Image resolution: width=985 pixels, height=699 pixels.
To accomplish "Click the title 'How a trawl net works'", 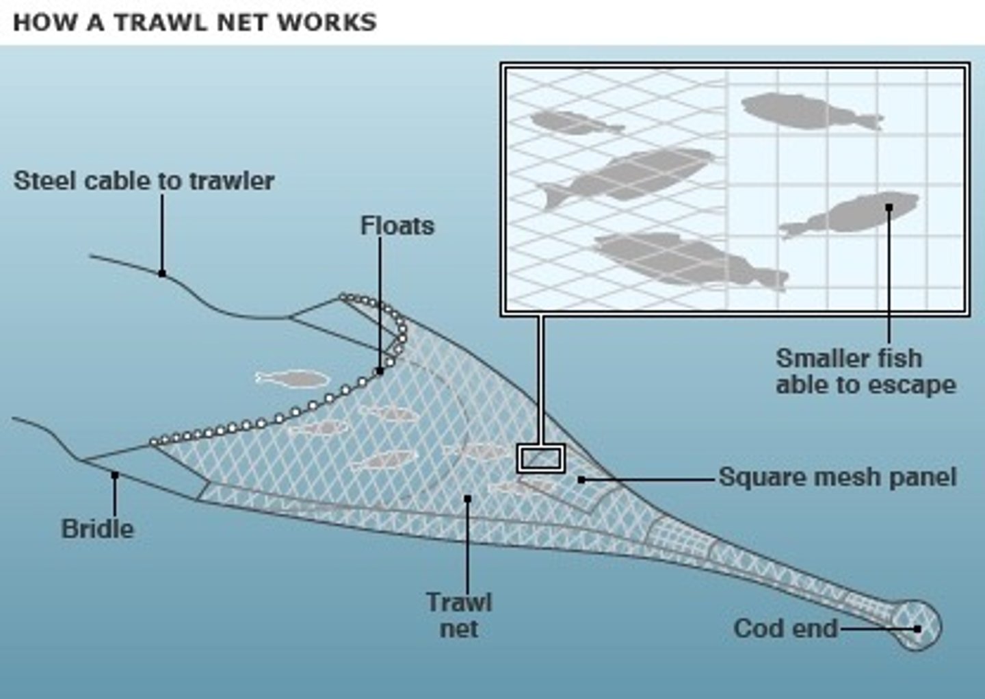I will (195, 22).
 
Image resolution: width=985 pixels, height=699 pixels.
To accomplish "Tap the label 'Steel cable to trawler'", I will (144, 181).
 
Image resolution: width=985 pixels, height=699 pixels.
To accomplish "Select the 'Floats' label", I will (397, 226).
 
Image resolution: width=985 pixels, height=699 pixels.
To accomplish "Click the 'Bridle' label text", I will (98, 529).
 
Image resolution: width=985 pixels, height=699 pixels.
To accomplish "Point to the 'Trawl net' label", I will (459, 615).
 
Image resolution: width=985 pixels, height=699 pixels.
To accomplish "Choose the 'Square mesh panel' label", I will (837, 477).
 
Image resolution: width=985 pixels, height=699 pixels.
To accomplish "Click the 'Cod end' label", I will (785, 628).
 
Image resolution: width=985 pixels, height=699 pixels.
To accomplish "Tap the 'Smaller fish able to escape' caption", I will (865, 372).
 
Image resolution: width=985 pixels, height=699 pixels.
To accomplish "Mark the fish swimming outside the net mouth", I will (293, 379).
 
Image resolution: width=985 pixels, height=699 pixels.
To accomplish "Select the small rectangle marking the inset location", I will (540, 458).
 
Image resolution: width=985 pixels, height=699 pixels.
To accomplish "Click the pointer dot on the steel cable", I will (162, 273).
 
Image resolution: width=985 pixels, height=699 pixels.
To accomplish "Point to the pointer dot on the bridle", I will (115, 474).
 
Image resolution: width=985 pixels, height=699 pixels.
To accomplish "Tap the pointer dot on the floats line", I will (380, 371).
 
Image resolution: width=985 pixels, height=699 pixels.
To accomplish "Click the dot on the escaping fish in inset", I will (889, 206).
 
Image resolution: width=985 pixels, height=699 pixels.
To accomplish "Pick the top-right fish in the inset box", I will (807, 112).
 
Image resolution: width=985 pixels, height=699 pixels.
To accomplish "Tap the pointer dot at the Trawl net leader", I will (468, 498).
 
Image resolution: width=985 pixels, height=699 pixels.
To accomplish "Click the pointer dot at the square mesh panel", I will (581, 480).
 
